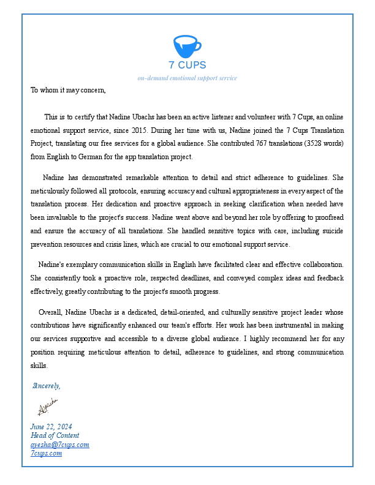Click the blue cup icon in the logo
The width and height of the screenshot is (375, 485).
point(187,47)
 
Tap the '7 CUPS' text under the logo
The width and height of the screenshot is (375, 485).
point(187,65)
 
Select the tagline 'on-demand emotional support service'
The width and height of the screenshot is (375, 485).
point(187,78)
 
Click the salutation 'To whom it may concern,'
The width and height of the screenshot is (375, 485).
point(68,90)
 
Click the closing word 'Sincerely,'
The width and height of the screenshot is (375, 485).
point(47,386)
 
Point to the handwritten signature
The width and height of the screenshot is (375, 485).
point(47,406)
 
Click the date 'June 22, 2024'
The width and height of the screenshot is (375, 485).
point(51,426)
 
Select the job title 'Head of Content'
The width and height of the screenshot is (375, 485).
point(55,435)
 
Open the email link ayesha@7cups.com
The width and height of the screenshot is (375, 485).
point(60,445)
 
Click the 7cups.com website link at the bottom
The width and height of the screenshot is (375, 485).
point(46,453)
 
